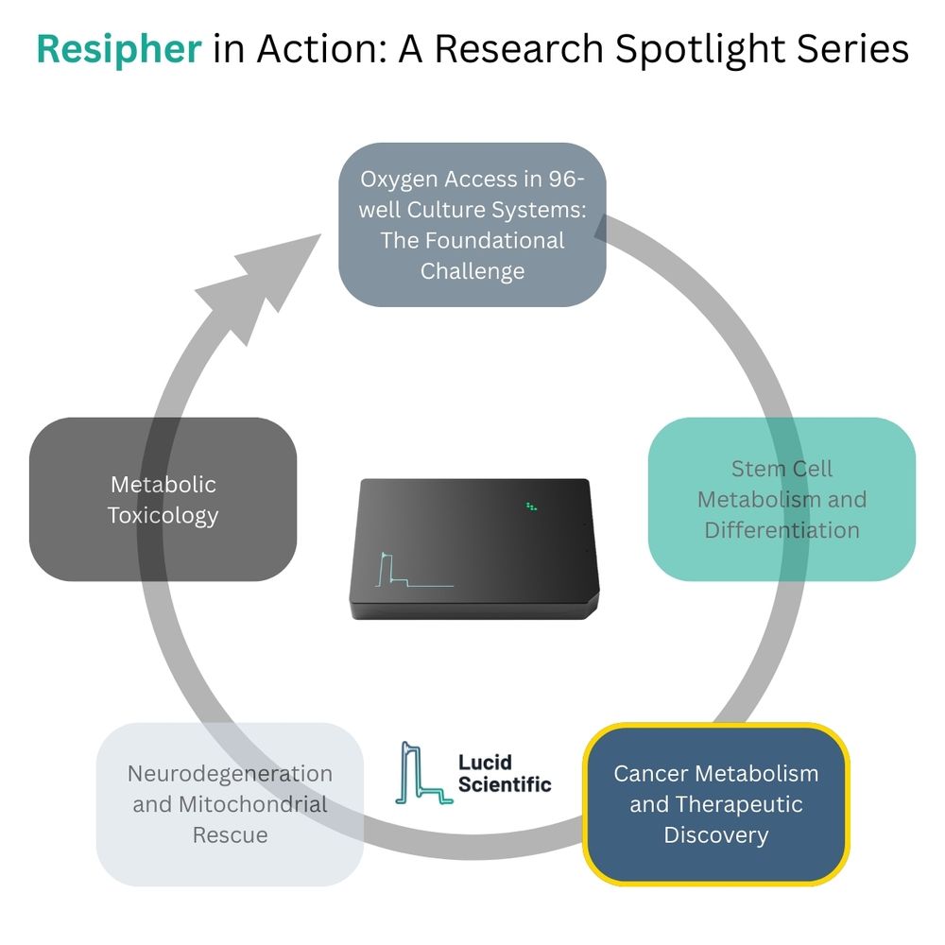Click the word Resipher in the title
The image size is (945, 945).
click(x=119, y=49)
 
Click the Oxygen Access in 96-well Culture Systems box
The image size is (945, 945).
click(x=472, y=225)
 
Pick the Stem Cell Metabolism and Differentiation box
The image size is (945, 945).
click(x=782, y=499)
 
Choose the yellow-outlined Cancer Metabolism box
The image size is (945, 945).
click(x=715, y=804)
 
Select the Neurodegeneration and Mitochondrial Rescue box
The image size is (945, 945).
click(x=230, y=804)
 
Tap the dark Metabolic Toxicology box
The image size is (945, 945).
click(x=163, y=499)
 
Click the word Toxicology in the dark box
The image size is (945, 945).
click(x=163, y=515)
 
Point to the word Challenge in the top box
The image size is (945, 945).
click(x=472, y=271)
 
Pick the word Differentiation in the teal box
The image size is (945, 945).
click(x=782, y=529)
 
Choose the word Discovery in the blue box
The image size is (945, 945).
click(x=715, y=835)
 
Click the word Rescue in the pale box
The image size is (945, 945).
click(x=230, y=835)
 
